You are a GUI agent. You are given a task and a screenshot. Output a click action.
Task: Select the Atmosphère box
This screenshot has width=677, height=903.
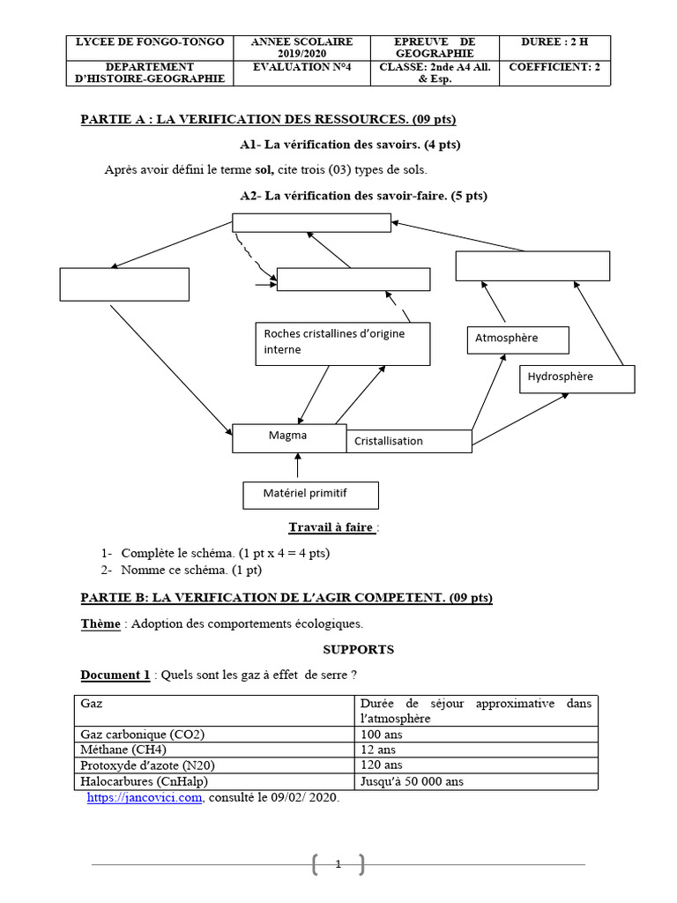(x=517, y=340)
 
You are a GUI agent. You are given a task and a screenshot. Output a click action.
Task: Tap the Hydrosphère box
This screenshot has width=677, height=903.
(x=577, y=377)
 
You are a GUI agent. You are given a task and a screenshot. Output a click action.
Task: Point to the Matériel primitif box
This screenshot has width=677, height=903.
(x=310, y=495)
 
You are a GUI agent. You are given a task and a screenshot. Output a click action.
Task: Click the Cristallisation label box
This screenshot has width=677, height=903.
(x=408, y=441)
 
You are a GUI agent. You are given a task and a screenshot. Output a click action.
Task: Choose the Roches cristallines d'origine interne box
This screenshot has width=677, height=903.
(x=342, y=342)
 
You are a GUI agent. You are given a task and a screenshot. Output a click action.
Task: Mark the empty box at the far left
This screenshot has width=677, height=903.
(x=124, y=284)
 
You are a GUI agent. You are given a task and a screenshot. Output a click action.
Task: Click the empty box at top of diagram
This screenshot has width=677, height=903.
(x=310, y=221)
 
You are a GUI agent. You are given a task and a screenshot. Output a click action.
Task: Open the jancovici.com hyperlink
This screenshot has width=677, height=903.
(x=145, y=797)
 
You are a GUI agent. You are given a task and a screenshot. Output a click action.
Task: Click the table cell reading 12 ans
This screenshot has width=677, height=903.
(x=476, y=750)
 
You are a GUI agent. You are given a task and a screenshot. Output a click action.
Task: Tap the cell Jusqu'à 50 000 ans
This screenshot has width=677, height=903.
(x=476, y=781)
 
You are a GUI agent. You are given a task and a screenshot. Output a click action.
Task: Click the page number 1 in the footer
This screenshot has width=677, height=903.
(x=338, y=865)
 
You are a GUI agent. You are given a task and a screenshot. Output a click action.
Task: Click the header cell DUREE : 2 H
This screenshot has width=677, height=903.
(x=554, y=41)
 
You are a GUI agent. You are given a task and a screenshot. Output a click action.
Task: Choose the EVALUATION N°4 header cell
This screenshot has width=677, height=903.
(x=301, y=66)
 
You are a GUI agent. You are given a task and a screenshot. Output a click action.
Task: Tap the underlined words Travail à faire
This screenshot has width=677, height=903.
(x=331, y=528)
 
